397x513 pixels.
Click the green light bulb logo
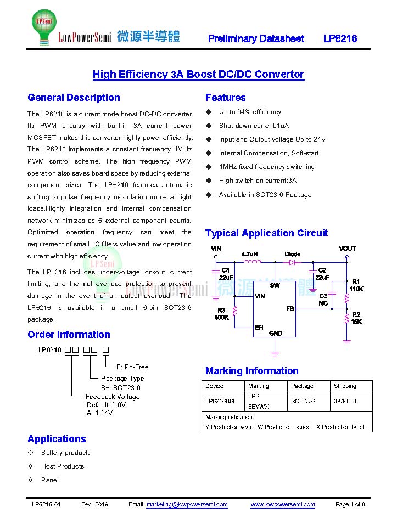tap(44, 27)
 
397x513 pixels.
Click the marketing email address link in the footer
tap(187, 504)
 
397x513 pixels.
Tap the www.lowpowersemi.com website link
tap(283, 504)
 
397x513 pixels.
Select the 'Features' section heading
tap(225, 98)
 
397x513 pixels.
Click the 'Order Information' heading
tap(69, 334)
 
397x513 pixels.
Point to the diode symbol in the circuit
tap(292, 262)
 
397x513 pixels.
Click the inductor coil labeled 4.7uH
tap(252, 261)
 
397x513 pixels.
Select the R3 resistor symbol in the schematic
tap(234, 311)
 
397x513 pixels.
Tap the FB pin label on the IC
tap(290, 308)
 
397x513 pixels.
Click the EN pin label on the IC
tap(259, 327)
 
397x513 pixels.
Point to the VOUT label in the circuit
tap(347, 249)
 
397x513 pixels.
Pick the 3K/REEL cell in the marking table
tap(345, 401)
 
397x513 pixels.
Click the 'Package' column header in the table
tap(302, 386)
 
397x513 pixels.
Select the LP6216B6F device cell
tap(221, 401)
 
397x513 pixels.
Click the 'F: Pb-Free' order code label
tap(132, 367)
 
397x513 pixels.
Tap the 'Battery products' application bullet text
tap(66, 453)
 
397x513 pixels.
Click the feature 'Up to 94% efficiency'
tap(250, 112)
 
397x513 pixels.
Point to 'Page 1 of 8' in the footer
tap(350, 504)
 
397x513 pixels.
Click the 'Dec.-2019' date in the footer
tap(94, 504)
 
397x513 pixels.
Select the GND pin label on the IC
tap(276, 334)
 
